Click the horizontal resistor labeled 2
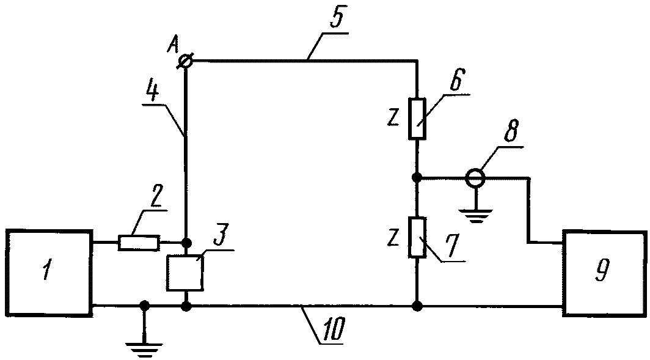tap(139, 243)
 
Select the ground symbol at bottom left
tap(144, 344)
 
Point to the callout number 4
tap(153, 92)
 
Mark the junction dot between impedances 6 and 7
tap(417, 178)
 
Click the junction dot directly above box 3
tap(186, 242)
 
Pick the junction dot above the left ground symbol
tap(144, 306)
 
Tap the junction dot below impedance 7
tap(417, 306)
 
